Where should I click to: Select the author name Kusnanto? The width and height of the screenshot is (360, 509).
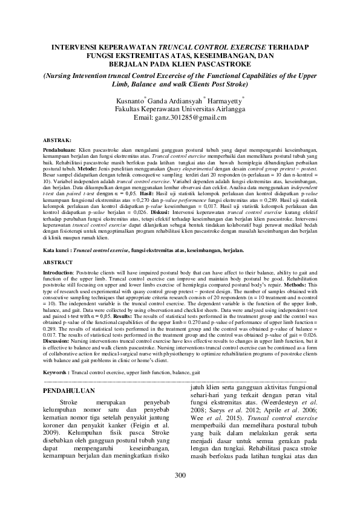point(130,100)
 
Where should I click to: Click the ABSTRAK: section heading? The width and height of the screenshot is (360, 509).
point(58,139)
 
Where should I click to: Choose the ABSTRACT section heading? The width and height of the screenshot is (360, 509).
point(59,263)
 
